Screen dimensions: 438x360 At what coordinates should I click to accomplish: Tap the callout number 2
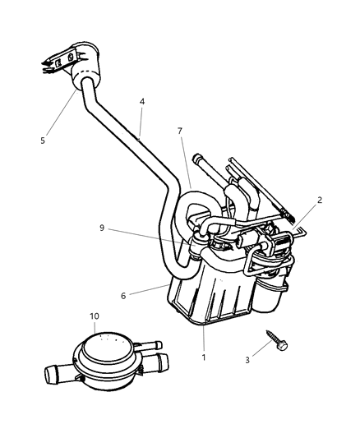tap(321, 201)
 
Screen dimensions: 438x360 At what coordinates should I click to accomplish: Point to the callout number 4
tap(141, 103)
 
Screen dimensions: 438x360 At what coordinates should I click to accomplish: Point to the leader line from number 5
tap(62, 111)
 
